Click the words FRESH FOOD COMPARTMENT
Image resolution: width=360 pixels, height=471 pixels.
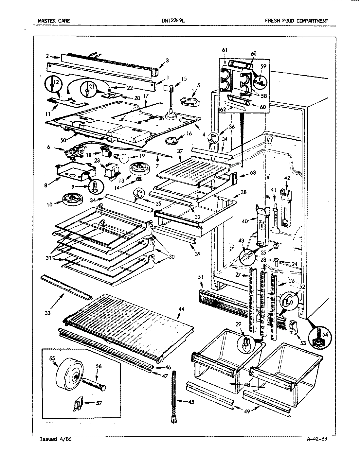click(x=296, y=21)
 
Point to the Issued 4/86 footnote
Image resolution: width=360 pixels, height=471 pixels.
click(x=55, y=439)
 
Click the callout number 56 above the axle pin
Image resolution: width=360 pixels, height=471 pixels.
click(x=99, y=366)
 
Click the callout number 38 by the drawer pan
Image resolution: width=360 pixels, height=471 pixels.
click(x=243, y=193)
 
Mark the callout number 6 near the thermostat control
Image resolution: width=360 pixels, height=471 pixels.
click(x=48, y=148)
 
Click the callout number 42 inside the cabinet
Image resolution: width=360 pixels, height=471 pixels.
click(x=287, y=179)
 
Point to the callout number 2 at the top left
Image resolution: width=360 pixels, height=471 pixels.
click(x=47, y=56)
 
